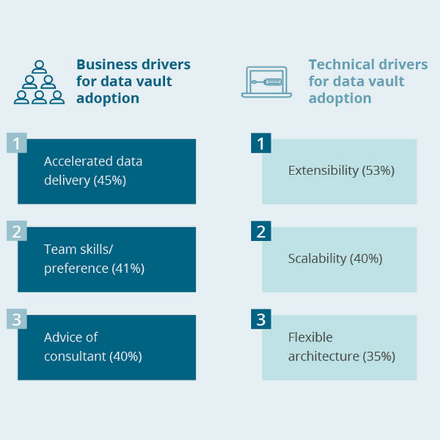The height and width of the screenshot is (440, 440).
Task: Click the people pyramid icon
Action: (38, 81)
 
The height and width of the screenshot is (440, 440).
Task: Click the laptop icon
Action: (267, 81)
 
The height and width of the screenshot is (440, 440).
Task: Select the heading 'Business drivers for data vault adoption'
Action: (133, 81)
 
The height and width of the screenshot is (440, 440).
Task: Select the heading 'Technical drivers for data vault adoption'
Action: (367, 81)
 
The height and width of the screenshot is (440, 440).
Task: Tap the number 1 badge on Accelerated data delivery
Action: (15, 143)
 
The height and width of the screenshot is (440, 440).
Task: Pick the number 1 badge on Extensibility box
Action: (260, 143)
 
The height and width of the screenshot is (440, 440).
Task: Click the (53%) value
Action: (378, 170)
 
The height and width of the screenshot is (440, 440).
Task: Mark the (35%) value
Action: (378, 356)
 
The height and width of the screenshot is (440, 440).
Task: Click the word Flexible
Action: (310, 337)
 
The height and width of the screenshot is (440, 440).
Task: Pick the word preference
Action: (76, 268)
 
